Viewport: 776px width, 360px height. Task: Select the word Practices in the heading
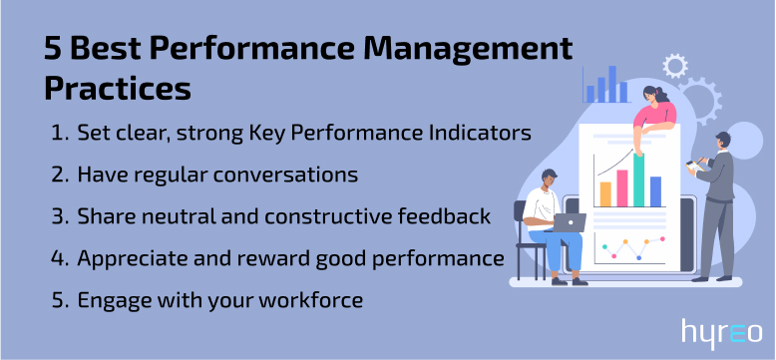pos(117,88)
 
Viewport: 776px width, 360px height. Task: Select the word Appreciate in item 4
pos(130,258)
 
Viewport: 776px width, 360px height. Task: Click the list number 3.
pos(56,216)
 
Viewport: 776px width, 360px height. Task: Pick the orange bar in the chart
pos(605,192)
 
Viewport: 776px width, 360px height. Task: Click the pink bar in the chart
pos(622,186)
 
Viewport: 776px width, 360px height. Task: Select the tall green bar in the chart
pos(638,179)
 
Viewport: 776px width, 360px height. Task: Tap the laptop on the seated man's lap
pos(570,222)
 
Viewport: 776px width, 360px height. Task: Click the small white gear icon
pos(675,66)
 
